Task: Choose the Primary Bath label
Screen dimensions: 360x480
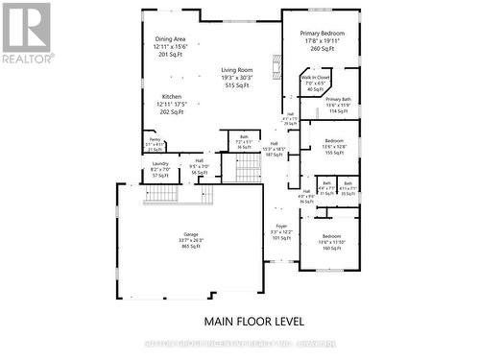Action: (338, 99)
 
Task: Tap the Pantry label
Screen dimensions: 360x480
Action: (154, 139)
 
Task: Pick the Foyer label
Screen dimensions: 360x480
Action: (281, 227)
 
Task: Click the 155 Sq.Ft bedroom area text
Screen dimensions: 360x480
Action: (333, 153)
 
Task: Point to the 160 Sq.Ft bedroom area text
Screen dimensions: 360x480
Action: (331, 249)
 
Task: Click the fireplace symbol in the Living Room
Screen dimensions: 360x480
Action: (276, 69)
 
